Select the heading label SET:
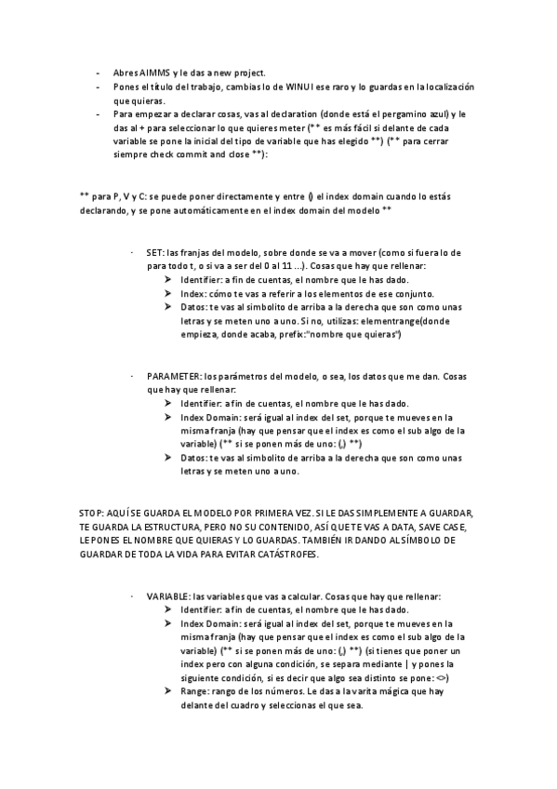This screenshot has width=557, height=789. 154,253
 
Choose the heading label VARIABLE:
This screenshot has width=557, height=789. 168,595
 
